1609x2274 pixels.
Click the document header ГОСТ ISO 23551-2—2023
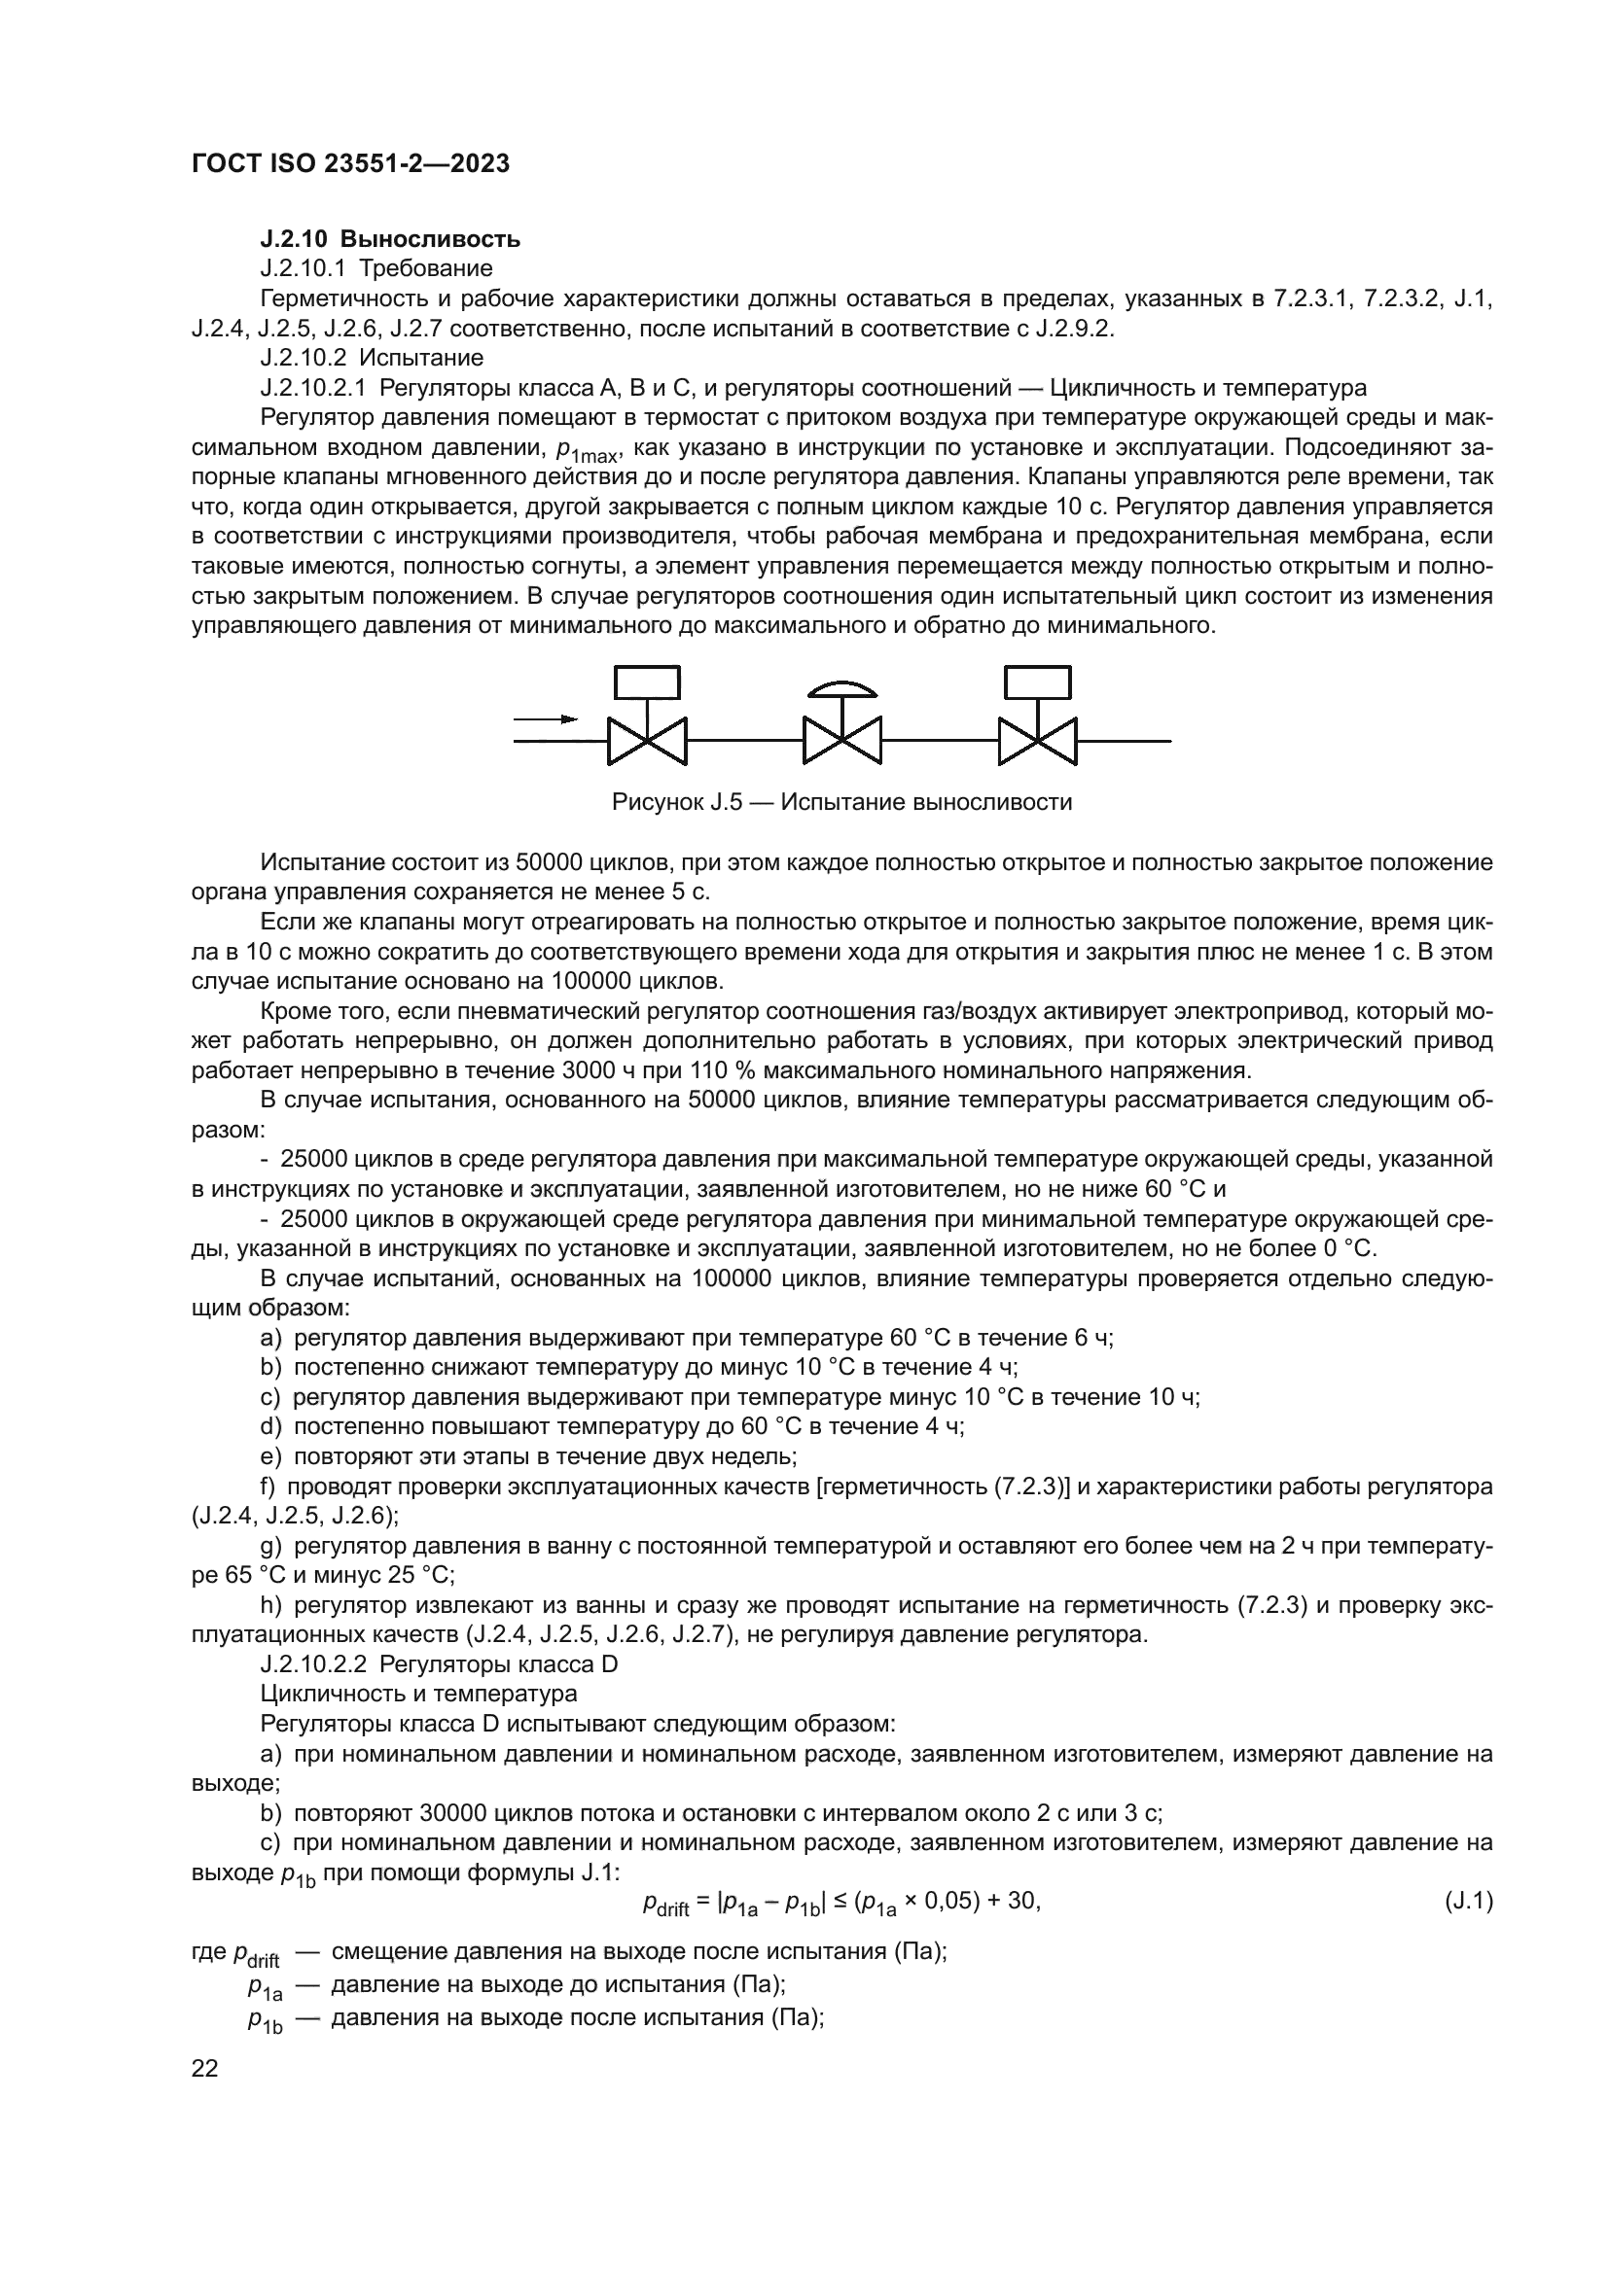(350, 163)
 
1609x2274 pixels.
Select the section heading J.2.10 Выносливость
(389, 239)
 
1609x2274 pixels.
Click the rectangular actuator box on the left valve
(647, 682)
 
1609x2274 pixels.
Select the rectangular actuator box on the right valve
(1037, 682)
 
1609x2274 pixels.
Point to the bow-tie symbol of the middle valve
(841, 740)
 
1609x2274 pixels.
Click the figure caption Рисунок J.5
(841, 801)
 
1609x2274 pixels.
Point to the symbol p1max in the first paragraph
(587, 451)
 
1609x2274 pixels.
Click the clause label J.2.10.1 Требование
(375, 268)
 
